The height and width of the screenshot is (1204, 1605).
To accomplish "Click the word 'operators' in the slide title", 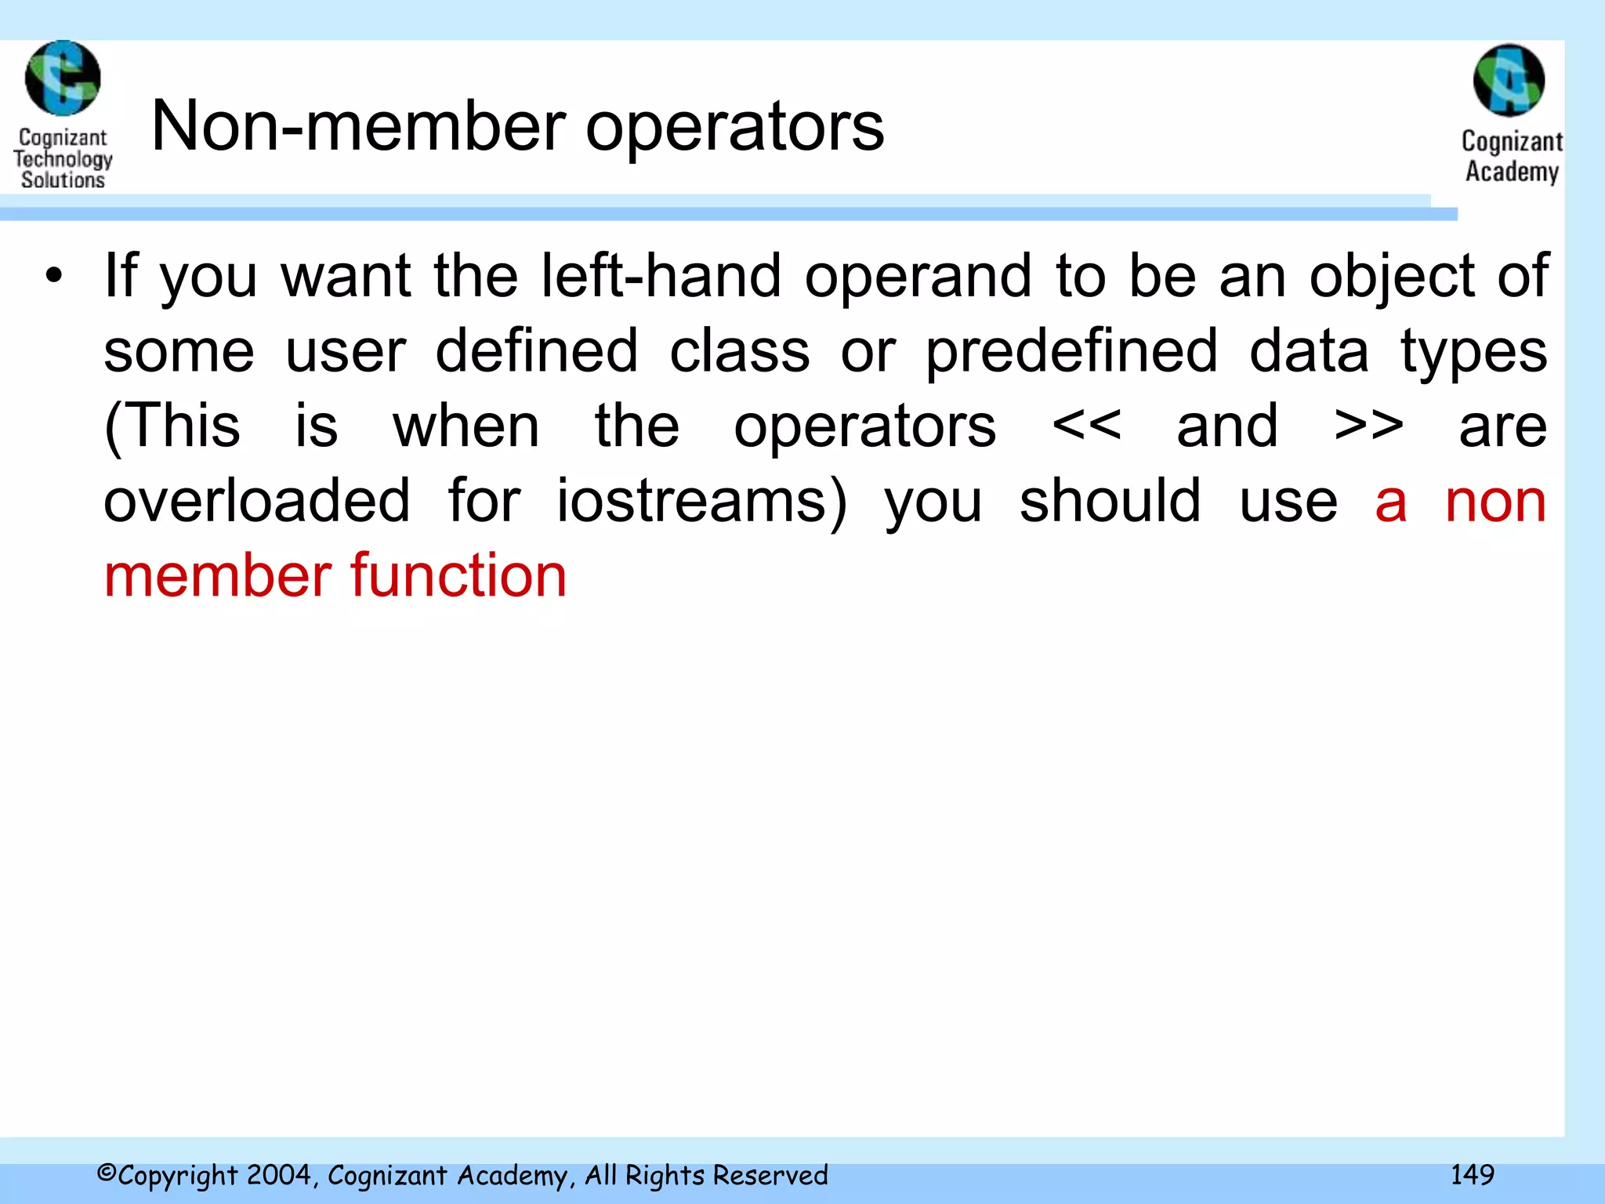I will pyautogui.click(x=734, y=128).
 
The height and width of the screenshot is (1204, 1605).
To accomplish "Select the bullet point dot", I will pyautogui.click(x=53, y=276).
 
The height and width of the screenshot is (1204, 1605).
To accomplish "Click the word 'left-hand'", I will pyautogui.click(x=661, y=276).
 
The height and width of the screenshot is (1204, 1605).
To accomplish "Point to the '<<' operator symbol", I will pyautogui.click(x=1086, y=426).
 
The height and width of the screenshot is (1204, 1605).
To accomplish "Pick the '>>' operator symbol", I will pyautogui.click(x=1368, y=426).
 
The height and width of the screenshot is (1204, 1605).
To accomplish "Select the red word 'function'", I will pyautogui.click(x=458, y=576).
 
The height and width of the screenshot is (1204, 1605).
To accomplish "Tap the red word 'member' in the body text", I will pyautogui.click(x=219, y=576).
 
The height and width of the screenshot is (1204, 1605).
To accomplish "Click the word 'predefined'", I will pyautogui.click(x=1071, y=352).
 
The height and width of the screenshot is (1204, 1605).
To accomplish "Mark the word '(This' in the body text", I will pyautogui.click(x=172, y=426).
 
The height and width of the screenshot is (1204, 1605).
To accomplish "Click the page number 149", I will pyautogui.click(x=1472, y=1174).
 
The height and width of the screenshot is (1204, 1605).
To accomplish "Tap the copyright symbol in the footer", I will pyautogui.click(x=107, y=1173).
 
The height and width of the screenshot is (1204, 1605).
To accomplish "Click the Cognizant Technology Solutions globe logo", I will pyautogui.click(x=63, y=78).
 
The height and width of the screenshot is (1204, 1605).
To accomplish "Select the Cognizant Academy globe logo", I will pyautogui.click(x=1509, y=80).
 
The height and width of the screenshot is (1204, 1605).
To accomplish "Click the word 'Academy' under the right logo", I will pyautogui.click(x=1512, y=171).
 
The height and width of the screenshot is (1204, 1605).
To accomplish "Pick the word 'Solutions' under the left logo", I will pyautogui.click(x=63, y=180).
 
